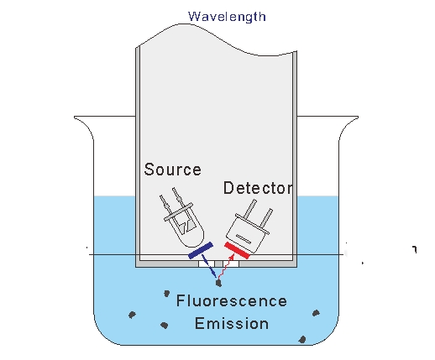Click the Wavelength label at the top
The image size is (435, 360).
(x=227, y=17)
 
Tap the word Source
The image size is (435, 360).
(x=173, y=170)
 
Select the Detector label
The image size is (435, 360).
(x=258, y=188)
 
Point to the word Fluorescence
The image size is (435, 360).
(x=232, y=301)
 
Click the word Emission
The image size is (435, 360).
(x=232, y=323)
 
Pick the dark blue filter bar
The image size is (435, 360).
(x=201, y=251)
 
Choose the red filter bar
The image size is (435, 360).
(x=237, y=251)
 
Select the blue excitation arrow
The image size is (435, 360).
(x=209, y=266)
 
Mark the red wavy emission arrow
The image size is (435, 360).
(x=226, y=267)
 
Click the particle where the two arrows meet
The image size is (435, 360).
(x=219, y=284)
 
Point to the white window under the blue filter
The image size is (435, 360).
(x=207, y=263)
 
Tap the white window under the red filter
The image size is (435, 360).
(x=231, y=263)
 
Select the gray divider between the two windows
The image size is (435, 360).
(x=219, y=263)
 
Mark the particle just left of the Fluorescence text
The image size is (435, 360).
(x=166, y=294)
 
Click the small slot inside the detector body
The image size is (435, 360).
(x=244, y=238)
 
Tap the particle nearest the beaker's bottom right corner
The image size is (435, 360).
(x=302, y=340)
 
